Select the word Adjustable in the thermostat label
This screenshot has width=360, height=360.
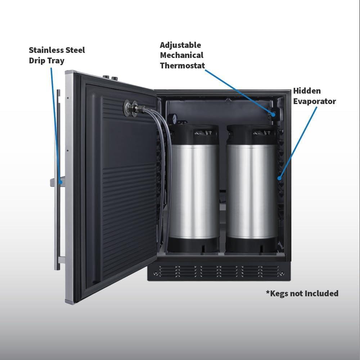pyautogui.click(x=180, y=45)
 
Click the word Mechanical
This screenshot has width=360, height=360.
pyautogui.click(x=181, y=55)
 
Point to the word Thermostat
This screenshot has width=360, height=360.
pyautogui.click(x=182, y=66)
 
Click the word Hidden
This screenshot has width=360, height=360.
pyautogui.click(x=307, y=91)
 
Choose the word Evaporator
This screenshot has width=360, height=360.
pyautogui.click(x=315, y=102)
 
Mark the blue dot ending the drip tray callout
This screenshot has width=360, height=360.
pyautogui.click(x=60, y=183)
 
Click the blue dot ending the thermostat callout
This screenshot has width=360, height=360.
pyautogui.click(x=273, y=114)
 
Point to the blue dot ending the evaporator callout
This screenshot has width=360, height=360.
pyautogui.click(x=279, y=178)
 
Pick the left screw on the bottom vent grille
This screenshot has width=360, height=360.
pyautogui.click(x=156, y=273)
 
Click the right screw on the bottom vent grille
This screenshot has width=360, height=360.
pyautogui.click(x=282, y=273)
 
